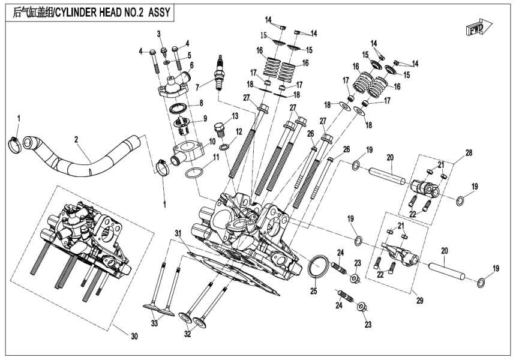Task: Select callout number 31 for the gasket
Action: pyautogui.click(x=177, y=232)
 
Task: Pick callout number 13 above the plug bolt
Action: pyautogui.click(x=235, y=115)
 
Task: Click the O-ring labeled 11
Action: pyautogui.click(x=191, y=174)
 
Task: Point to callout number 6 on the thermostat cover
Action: pyautogui.click(x=191, y=65)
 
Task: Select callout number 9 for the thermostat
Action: pyautogui.click(x=205, y=118)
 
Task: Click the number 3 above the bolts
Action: pyautogui.click(x=160, y=32)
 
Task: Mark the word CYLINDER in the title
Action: pyautogui.click(x=74, y=11)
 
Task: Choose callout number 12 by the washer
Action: pyautogui.click(x=238, y=131)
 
